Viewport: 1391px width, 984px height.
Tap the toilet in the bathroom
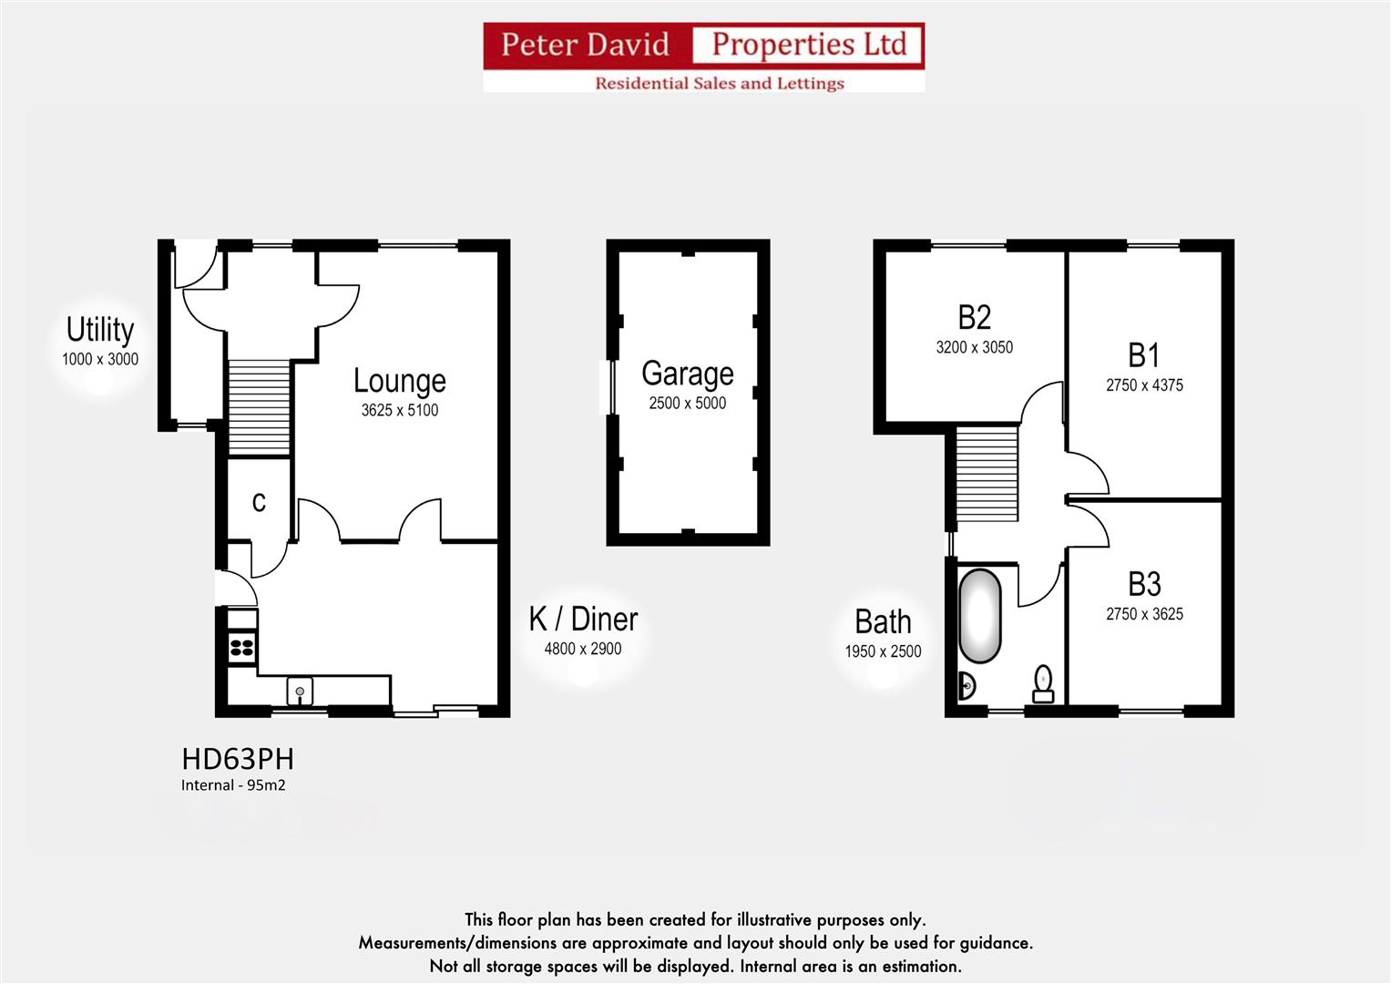(x=1043, y=683)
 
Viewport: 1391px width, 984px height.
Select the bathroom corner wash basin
(x=967, y=685)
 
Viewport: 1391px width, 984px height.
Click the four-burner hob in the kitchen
(x=242, y=648)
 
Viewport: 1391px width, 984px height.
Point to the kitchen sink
(x=300, y=692)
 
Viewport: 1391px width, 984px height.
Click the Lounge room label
(x=399, y=381)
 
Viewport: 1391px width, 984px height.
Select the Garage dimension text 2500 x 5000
(x=687, y=403)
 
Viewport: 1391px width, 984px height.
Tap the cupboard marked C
(x=259, y=502)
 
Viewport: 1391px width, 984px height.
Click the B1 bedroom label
(x=1144, y=354)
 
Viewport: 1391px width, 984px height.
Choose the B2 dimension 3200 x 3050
(x=974, y=347)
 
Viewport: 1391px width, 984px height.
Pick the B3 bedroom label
(x=1144, y=583)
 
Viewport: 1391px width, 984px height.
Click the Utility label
(x=100, y=329)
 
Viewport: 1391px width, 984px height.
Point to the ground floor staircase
(x=259, y=407)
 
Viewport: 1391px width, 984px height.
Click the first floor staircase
(x=987, y=474)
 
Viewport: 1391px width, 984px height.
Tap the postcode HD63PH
(x=238, y=759)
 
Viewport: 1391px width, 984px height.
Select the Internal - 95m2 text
(x=233, y=785)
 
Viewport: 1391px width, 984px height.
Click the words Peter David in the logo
(x=585, y=45)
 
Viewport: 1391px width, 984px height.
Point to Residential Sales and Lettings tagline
(x=719, y=83)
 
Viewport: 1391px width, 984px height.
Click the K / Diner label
(x=583, y=620)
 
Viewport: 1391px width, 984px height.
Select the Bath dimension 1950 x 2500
(x=883, y=651)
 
